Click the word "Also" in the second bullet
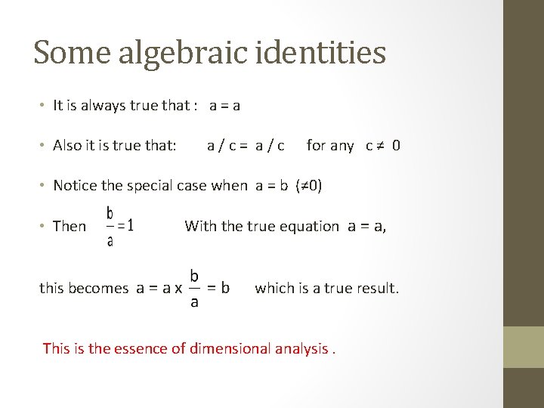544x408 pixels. pos(68,145)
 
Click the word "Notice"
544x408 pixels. pos(76,185)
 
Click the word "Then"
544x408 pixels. pos(70,226)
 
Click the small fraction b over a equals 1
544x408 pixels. pos(119,225)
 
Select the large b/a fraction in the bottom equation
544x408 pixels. pos(194,287)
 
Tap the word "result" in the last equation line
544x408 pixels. pos(376,288)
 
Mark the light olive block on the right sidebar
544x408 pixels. pos(524,347)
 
